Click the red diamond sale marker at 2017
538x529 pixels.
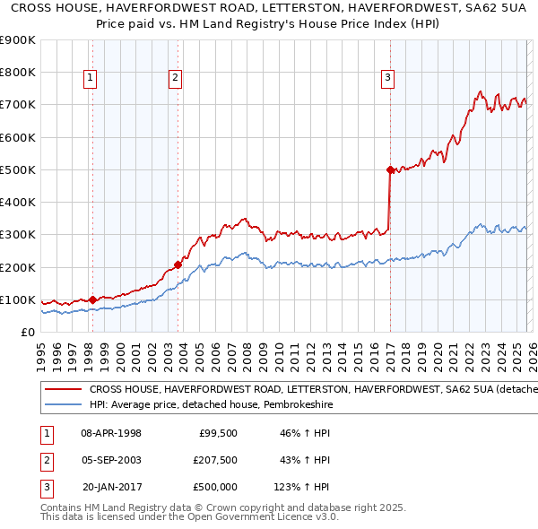(x=390, y=169)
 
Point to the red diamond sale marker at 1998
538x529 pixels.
(x=93, y=299)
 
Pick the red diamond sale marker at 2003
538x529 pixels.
(x=178, y=264)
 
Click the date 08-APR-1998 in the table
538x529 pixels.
(x=111, y=433)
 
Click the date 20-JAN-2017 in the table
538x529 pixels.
(x=111, y=487)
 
